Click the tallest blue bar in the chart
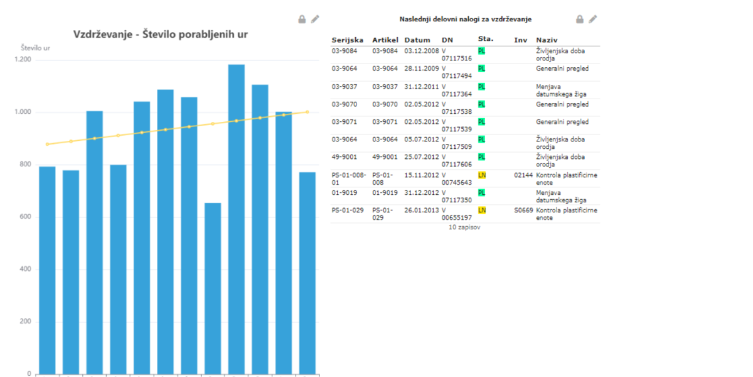coord(237,219)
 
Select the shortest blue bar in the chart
coord(213,288)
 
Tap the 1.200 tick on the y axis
coord(23,60)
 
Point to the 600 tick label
coord(26,216)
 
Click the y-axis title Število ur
coord(35,48)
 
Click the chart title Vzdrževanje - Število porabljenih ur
coord(161,35)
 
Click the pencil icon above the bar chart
coord(315,19)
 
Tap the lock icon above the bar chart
coord(302,19)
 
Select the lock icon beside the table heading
coord(580,19)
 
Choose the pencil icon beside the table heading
coord(592,19)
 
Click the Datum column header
coord(417,40)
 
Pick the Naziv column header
coord(547,40)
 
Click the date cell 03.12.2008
coord(422,51)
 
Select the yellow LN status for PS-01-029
coord(482,210)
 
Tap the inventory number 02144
coord(523,175)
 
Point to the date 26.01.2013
coord(422,210)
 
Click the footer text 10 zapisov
coord(464,227)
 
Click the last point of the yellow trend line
coord(307,112)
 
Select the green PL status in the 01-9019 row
coord(481,193)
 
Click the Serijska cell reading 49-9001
coord(344,157)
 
